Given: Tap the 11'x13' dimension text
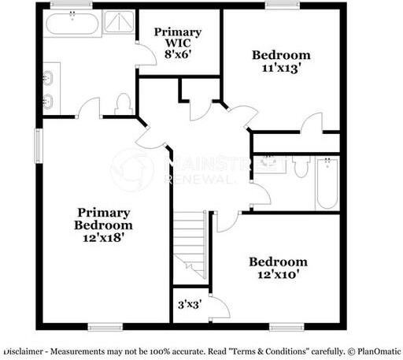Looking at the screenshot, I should [x=281, y=69].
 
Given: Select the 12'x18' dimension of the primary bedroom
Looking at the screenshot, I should [x=103, y=234].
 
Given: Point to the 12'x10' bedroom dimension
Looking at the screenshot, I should [x=278, y=275].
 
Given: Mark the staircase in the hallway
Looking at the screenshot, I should [x=190, y=240].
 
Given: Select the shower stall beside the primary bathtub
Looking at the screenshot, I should [x=120, y=24].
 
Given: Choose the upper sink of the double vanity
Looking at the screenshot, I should [x=49, y=77].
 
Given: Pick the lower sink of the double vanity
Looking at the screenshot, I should [x=49, y=101].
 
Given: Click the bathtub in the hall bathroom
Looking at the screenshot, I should [x=327, y=184].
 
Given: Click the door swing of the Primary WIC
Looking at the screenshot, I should [x=145, y=54].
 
